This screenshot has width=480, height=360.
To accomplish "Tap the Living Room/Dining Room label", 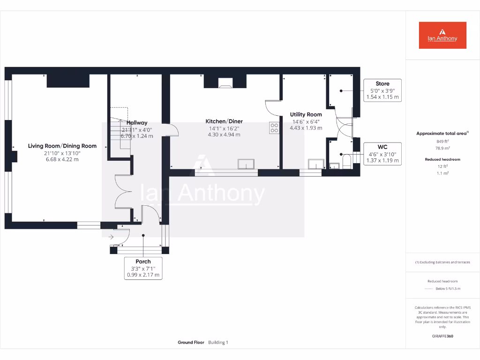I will click(x=62, y=146).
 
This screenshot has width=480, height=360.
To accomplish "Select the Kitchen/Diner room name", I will click(x=224, y=121).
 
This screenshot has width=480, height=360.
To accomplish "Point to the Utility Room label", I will click(x=306, y=114).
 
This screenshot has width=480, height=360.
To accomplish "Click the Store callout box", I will click(x=382, y=90).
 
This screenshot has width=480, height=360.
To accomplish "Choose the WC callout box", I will click(x=382, y=154).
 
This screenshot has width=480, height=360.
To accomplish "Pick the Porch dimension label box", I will click(x=143, y=268).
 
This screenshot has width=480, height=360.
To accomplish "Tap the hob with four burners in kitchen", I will click(x=274, y=128).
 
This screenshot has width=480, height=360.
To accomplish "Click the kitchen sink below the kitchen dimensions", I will click(x=246, y=164).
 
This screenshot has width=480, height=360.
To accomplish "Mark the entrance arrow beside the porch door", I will click(x=112, y=237).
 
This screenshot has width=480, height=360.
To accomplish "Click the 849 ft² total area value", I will click(x=442, y=141).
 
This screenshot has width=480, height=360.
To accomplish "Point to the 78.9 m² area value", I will click(x=442, y=148).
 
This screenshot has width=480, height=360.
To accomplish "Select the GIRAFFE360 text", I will click(x=442, y=336).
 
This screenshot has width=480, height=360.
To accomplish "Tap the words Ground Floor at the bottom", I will click(x=191, y=343).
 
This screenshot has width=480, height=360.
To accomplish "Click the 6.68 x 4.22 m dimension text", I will click(x=62, y=159).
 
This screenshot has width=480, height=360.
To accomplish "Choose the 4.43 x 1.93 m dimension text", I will click(x=306, y=127).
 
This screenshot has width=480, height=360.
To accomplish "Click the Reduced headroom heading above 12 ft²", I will click(x=442, y=159).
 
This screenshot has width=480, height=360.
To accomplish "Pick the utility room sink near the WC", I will click(x=315, y=164).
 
